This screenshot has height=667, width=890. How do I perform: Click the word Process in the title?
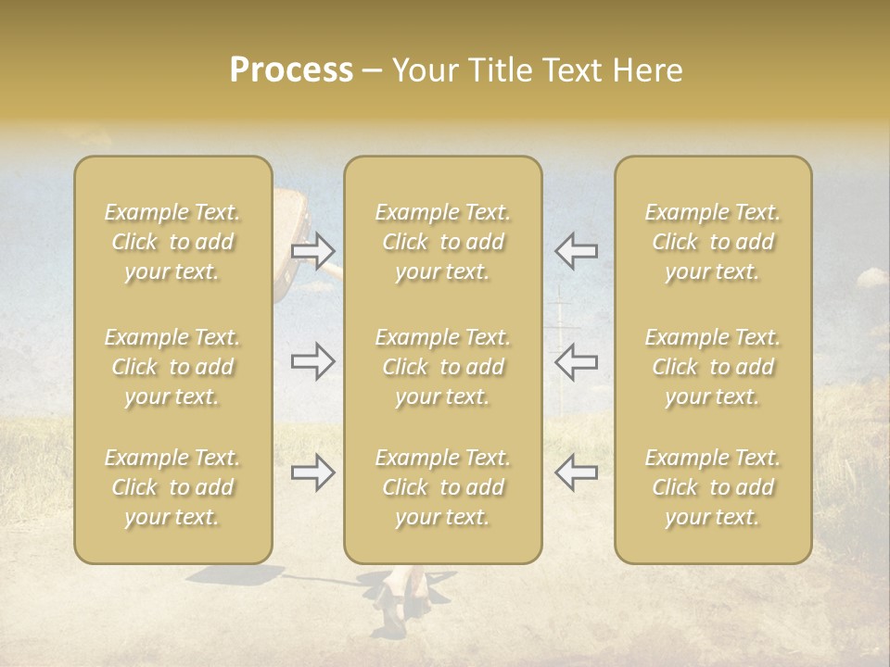point(291,70)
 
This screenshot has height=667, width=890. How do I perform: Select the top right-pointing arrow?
point(313,250)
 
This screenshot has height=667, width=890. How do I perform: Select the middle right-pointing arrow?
point(313,360)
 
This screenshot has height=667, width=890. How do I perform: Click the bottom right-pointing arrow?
point(313,472)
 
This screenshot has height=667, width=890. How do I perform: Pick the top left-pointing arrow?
point(576,250)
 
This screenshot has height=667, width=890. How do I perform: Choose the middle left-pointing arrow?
point(576,360)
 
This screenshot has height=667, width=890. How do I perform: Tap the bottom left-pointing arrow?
point(576,472)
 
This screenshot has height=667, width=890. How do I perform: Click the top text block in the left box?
point(172,242)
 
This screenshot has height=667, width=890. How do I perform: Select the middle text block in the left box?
point(172,367)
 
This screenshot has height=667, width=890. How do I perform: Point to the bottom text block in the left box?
point(172,487)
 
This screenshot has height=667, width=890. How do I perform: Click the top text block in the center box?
point(443,242)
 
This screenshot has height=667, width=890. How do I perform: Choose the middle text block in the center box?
point(443,367)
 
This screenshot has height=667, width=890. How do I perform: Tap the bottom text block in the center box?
point(443,487)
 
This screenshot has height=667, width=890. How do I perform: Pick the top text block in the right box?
point(713,242)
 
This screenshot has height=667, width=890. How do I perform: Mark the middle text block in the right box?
point(713,367)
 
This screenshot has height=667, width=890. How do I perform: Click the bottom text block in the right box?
point(713,487)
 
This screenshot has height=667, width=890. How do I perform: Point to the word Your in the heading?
point(422,70)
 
